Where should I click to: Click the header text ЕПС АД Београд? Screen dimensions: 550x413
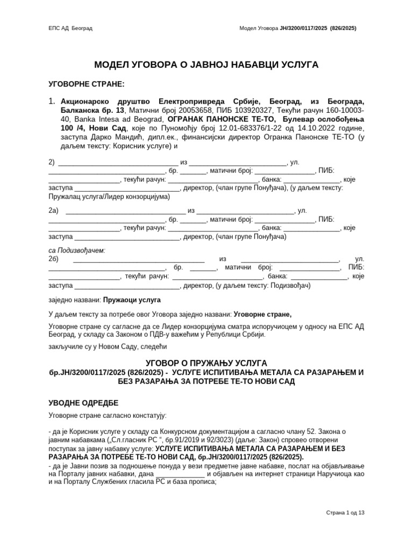pos(70,28)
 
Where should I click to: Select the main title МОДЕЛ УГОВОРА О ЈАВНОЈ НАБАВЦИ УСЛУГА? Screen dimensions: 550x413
pos(206,65)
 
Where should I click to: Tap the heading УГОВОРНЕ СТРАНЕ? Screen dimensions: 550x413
pos(87,84)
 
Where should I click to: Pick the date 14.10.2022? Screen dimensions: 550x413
pos(309,128)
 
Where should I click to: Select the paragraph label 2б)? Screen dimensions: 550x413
pos(54,259)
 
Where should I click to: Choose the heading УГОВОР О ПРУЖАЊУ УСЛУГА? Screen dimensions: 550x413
pos(206,364)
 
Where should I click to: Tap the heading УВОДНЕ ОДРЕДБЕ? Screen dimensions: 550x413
pos(83,403)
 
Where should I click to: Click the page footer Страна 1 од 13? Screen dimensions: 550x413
pos(345,513)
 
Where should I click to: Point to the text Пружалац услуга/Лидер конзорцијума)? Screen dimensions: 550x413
pos(109,197)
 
